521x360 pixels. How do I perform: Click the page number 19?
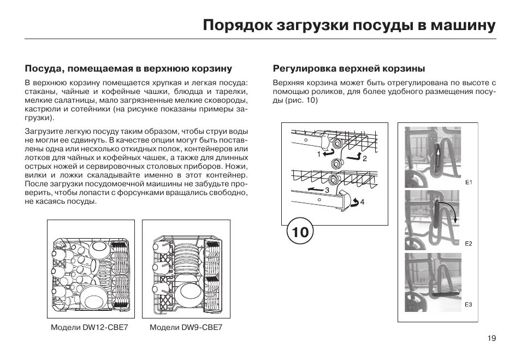point(492,339)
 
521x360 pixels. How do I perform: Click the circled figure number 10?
point(300,232)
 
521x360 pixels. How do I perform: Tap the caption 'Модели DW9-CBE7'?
point(186,328)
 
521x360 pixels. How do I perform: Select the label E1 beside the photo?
point(469,182)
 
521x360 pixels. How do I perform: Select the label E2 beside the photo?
point(469,244)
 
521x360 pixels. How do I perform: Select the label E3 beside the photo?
point(469,304)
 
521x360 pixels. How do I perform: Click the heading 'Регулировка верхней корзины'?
point(349,69)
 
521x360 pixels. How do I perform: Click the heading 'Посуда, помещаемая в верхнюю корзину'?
point(129,69)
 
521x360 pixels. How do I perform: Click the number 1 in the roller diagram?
point(318,155)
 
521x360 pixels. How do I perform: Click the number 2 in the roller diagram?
point(365,158)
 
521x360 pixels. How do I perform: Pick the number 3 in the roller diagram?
point(327,190)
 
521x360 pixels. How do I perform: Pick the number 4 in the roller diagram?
point(362,202)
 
